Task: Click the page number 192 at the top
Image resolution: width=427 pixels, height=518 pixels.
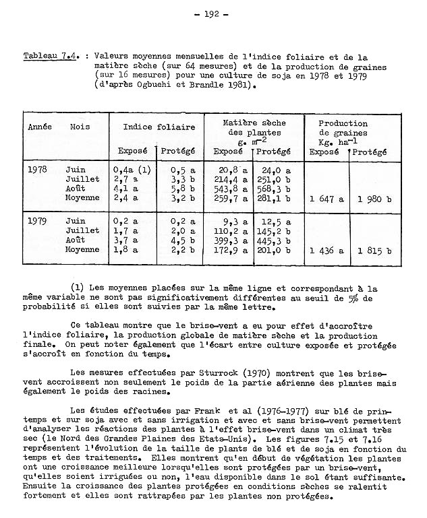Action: [215, 13]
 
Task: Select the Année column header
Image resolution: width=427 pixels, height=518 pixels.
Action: [40, 126]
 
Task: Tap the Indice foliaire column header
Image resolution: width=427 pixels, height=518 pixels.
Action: [159, 126]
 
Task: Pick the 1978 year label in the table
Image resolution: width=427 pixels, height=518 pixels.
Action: [37, 169]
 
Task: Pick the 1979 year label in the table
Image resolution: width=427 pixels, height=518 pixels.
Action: [37, 220]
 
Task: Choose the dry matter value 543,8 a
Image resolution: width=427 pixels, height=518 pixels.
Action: [230, 189]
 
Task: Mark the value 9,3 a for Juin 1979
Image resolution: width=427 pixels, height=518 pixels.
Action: [233, 220]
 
